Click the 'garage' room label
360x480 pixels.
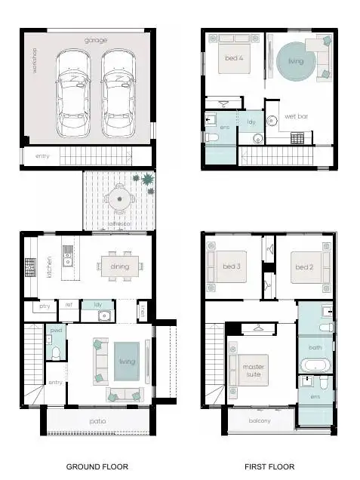tap(96, 40)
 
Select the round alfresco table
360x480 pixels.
tap(119, 200)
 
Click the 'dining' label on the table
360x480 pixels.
tap(119, 266)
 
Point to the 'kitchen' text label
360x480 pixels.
tap(50, 266)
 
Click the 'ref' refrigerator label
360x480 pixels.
tap(69, 305)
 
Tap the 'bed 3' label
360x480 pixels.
tap(233, 266)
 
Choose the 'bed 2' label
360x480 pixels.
tap(304, 267)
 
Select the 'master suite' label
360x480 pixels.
tap(254, 370)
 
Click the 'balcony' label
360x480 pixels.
tap(260, 421)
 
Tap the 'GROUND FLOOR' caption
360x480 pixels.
tap(97, 467)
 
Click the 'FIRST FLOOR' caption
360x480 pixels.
tap(269, 467)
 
